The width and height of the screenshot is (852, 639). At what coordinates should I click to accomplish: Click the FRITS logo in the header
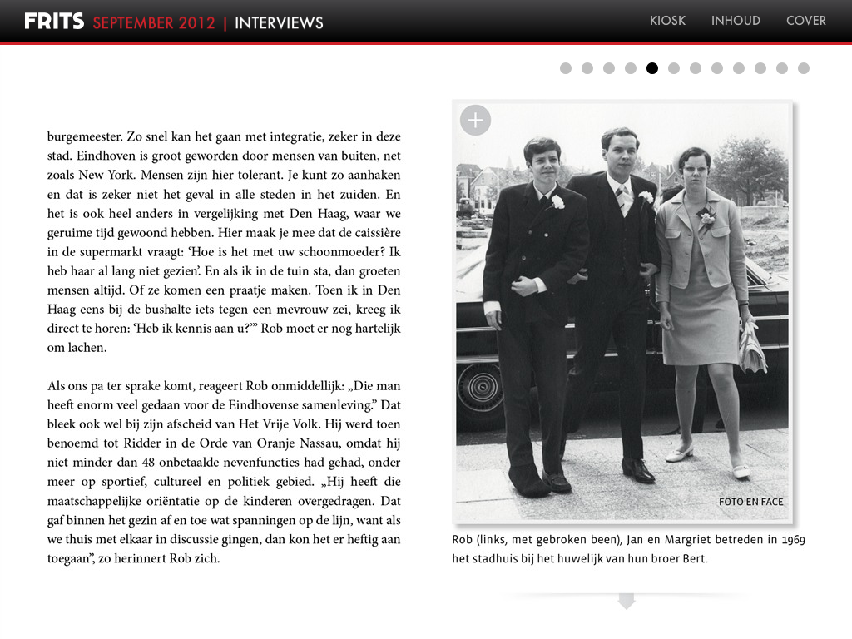point(54,21)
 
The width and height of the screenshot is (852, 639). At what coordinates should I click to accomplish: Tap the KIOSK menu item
point(667,21)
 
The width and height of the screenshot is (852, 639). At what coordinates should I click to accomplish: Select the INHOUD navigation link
point(736,21)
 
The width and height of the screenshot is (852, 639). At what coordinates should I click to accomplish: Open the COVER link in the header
point(805,21)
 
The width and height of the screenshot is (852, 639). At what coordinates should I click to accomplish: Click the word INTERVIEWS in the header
point(279,22)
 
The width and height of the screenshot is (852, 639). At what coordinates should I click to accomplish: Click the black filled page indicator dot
point(652,68)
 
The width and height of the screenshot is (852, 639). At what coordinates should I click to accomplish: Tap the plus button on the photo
point(475,121)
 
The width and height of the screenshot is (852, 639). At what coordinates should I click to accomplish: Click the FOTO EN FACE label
point(750,502)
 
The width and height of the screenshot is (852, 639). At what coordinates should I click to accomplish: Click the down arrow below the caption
point(627,601)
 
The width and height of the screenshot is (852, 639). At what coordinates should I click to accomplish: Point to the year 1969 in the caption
point(793,540)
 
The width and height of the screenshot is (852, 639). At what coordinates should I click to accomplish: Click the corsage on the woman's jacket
point(706,218)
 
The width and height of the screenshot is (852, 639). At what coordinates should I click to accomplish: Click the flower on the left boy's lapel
point(557,201)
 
